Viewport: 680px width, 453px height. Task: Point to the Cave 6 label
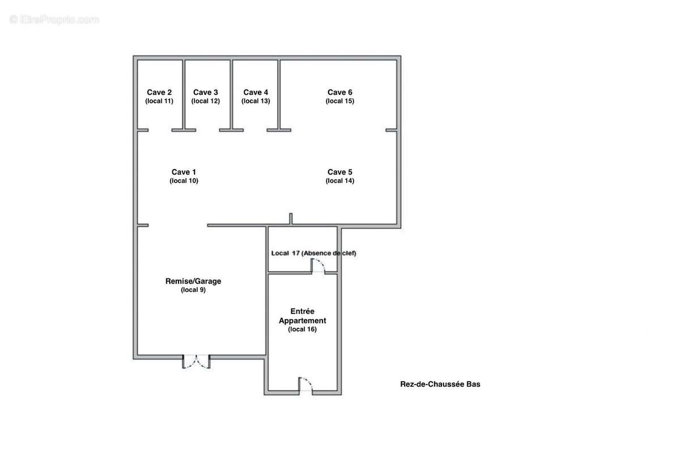point(339,92)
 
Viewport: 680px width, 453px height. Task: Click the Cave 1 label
point(184,172)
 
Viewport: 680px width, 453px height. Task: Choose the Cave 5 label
point(339,172)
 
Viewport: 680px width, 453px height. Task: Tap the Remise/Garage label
point(193,281)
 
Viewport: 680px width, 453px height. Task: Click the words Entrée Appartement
point(303,316)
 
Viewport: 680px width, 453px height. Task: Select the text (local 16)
point(303,329)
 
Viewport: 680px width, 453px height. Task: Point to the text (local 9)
point(193,290)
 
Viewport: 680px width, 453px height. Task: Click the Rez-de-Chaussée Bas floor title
point(440,384)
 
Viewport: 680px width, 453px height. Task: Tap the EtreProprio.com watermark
point(54,20)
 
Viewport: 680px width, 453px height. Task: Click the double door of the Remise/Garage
point(196,362)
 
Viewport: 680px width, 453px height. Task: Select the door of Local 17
point(318,266)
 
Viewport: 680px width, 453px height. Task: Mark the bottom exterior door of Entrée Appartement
point(305,385)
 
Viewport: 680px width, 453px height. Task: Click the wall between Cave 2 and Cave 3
point(184,95)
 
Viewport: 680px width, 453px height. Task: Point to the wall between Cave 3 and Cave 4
point(231,95)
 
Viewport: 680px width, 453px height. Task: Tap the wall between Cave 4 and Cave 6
point(279,95)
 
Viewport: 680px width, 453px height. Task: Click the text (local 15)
point(339,101)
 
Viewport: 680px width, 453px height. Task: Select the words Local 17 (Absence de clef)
point(313,253)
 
